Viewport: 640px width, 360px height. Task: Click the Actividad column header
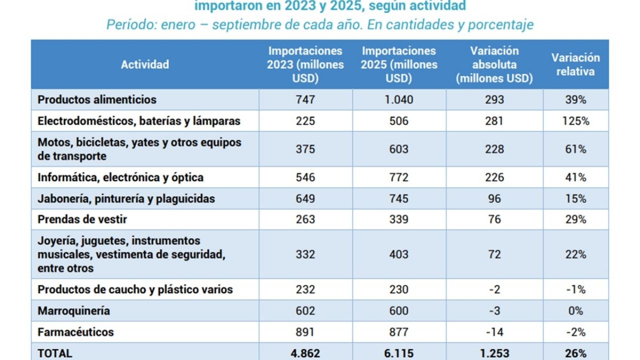pyautogui.click(x=145, y=64)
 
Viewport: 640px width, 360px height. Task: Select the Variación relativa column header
pyautogui.click(x=575, y=64)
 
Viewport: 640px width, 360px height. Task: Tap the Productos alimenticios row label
pyautogui.click(x=97, y=99)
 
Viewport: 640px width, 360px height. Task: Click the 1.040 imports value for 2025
pyautogui.click(x=399, y=99)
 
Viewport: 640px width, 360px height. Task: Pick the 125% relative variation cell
pyautogui.click(x=575, y=121)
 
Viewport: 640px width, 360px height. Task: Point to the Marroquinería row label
pyautogui.click(x=73, y=311)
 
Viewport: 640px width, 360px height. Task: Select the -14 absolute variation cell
pyautogui.click(x=494, y=332)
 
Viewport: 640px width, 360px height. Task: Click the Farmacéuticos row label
pyautogui.click(x=75, y=332)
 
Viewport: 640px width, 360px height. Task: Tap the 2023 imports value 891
pyautogui.click(x=305, y=332)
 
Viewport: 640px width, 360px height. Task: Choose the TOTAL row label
pyautogui.click(x=55, y=353)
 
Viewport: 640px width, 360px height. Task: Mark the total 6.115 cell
pyautogui.click(x=399, y=353)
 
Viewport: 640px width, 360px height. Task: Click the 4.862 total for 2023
pyautogui.click(x=305, y=353)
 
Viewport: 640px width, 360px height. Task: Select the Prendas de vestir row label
pyautogui.click(x=82, y=219)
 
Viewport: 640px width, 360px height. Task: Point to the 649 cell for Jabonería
pyautogui.click(x=305, y=198)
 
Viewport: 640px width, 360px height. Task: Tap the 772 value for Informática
pyautogui.click(x=399, y=177)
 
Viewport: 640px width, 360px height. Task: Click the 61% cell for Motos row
pyautogui.click(x=575, y=149)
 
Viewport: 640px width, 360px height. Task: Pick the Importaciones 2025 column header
pyautogui.click(x=399, y=64)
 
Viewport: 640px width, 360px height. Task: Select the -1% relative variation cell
pyautogui.click(x=575, y=289)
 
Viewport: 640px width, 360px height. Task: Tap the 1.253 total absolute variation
pyautogui.click(x=494, y=353)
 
